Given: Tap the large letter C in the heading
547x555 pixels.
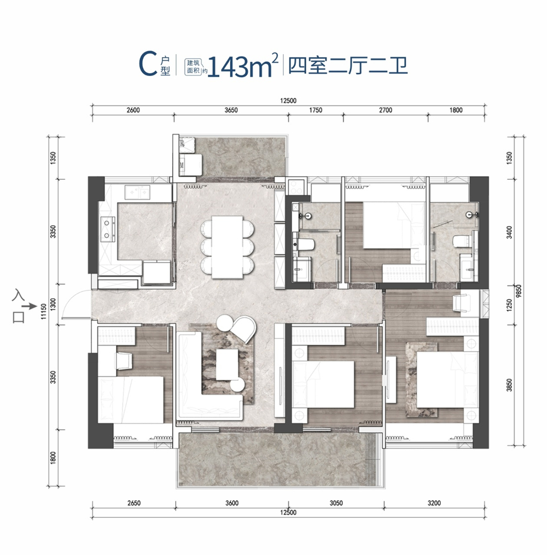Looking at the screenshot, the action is coord(148,64).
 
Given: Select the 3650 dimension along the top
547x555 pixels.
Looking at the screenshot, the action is coord(231,110).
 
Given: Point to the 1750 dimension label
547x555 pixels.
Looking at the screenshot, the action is coord(316,110).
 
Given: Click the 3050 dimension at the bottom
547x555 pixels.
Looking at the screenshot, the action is coord(336,503).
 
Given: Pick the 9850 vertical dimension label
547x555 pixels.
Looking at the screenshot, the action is coord(519,292).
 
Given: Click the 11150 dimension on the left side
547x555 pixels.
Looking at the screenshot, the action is coord(44,311).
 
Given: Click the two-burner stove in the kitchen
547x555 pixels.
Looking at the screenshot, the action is coord(107,227).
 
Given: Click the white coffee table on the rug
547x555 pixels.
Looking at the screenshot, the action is coord(227,365).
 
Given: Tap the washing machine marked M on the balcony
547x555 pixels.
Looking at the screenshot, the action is coord(190,165).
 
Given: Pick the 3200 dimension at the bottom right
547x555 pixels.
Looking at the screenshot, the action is coord(434,503).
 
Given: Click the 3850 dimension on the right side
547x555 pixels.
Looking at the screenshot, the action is coord(509,385).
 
